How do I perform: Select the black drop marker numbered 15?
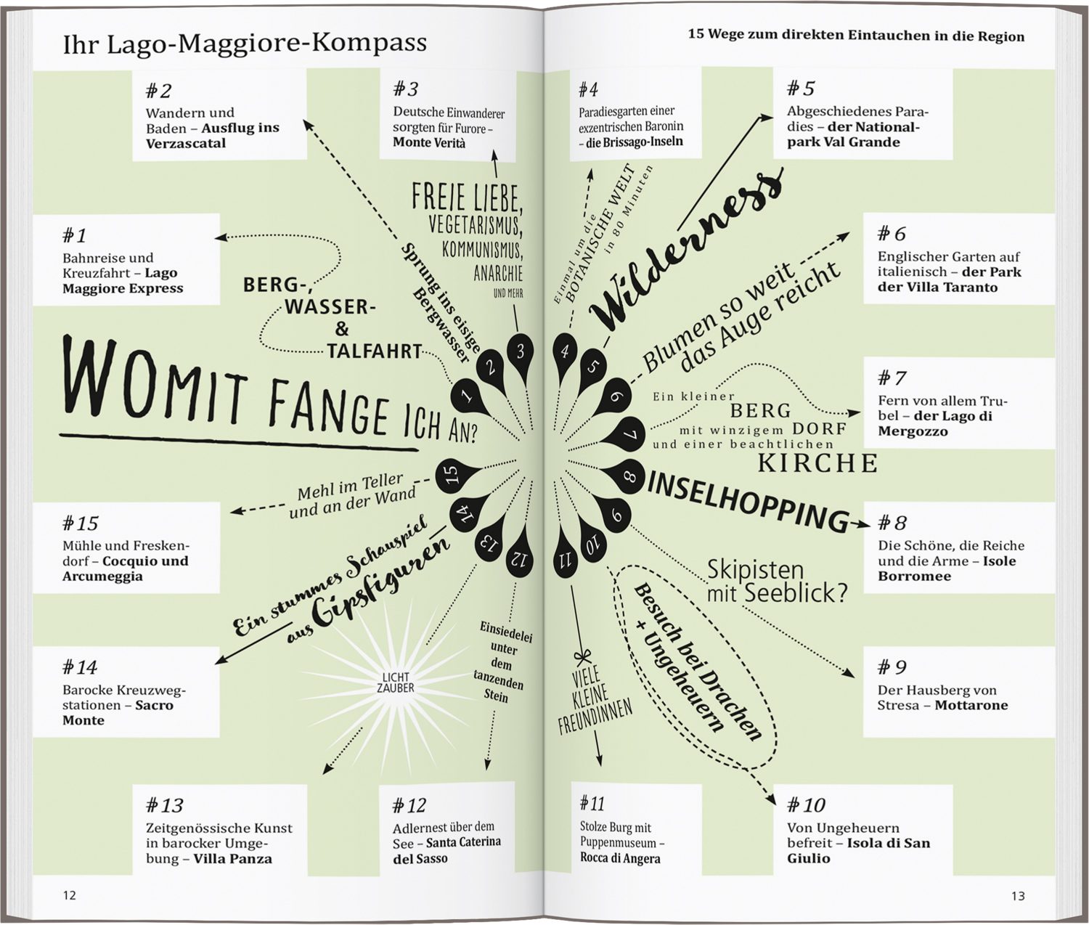click(454, 476)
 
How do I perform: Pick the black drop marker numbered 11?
click(565, 559)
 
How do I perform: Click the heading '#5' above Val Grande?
click(800, 88)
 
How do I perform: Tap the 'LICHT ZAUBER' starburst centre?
click(395, 683)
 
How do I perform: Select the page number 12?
click(69, 895)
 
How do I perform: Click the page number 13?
click(1018, 895)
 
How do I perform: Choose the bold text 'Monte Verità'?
click(429, 143)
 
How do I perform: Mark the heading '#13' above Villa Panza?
click(164, 805)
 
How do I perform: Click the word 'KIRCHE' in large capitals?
click(817, 463)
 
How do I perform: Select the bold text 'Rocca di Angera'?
click(620, 858)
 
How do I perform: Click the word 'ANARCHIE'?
click(498, 274)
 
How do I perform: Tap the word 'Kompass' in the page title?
click(370, 44)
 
